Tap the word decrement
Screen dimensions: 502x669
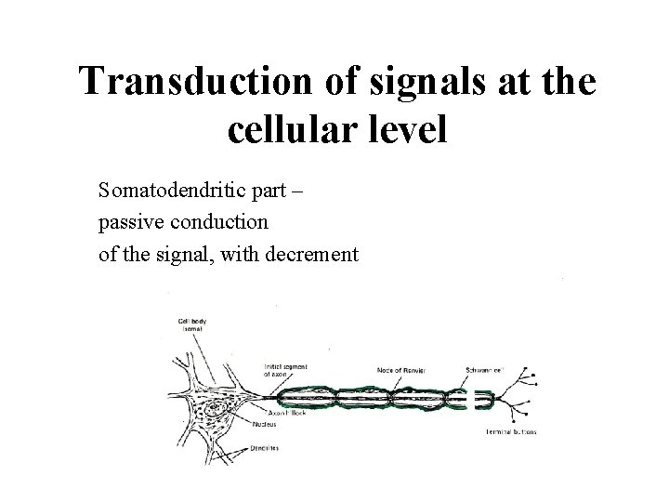311,251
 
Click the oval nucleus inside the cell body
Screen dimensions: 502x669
216,406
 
